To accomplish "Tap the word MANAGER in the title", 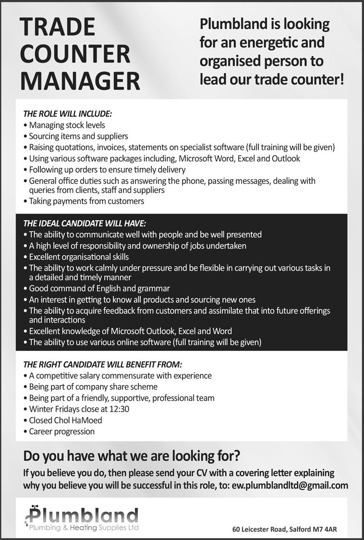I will (80, 80).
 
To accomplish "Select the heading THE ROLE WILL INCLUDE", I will (68, 114).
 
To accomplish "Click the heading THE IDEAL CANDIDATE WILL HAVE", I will (85, 223).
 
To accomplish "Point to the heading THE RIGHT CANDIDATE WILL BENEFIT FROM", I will (103, 364).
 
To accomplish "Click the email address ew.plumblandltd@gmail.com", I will (290, 485).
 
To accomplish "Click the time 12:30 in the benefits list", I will (119, 409).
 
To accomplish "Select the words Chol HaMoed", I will (78, 420).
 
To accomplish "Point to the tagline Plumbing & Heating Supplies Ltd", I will (84, 528).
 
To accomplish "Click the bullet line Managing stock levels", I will (67, 126).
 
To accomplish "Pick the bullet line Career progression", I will (61, 431).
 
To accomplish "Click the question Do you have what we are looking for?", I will (132, 455).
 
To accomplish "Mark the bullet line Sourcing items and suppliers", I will (78, 137).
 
